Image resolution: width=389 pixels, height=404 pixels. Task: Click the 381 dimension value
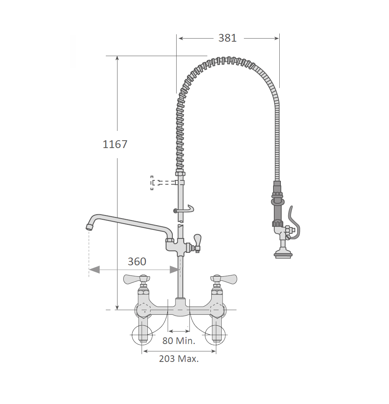(228, 38)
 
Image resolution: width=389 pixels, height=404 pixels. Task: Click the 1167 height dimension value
(115, 144)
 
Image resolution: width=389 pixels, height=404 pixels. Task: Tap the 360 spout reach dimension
(137, 261)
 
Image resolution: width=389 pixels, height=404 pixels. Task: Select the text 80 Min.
(179, 340)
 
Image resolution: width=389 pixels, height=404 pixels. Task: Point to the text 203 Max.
(179, 358)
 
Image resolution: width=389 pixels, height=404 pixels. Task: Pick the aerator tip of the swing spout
(89, 227)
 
